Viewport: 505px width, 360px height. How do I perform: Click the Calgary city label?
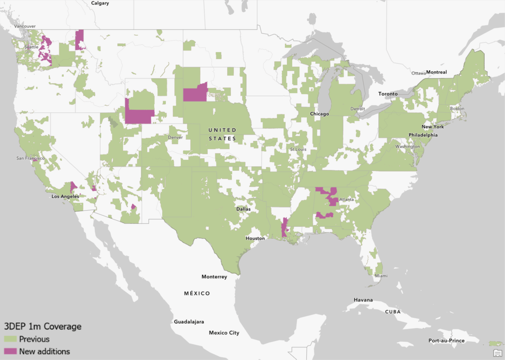100,3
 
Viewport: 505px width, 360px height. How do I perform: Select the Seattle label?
31,47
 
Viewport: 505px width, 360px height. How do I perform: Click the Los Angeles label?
65,196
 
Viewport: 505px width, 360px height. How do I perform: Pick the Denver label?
175,138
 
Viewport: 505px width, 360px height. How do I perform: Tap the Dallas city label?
243,209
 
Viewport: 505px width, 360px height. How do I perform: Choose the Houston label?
255,238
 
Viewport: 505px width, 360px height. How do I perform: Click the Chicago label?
319,114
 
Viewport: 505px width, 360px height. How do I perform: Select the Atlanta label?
347,200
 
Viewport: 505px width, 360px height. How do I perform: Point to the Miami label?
381,275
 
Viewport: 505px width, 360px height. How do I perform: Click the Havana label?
363,300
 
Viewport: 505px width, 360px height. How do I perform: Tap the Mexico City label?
224,333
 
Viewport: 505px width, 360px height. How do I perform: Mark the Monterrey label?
214,277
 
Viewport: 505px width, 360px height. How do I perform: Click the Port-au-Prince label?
447,341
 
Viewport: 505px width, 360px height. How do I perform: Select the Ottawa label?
418,73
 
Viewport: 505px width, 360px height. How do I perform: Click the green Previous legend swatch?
10,339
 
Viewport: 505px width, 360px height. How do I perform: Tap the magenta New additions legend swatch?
10,351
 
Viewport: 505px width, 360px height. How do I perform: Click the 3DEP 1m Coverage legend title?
42,326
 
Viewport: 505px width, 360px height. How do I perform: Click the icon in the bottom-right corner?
498,353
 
